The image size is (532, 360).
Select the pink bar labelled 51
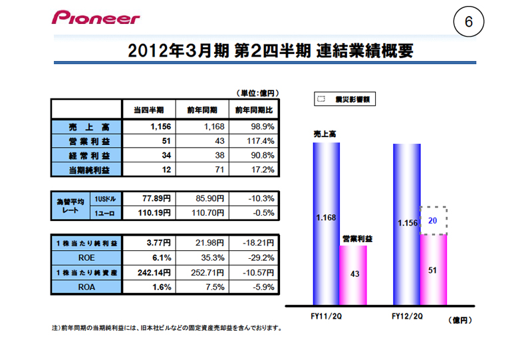coord(432,270)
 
